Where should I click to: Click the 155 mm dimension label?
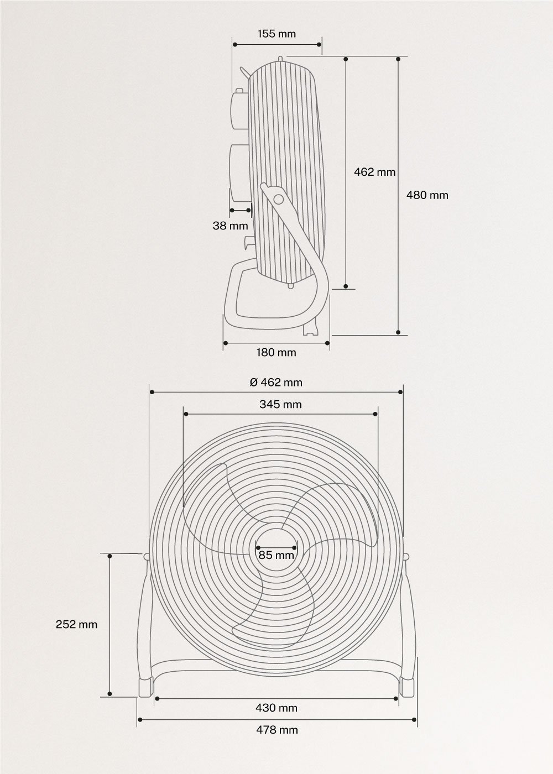pos(276,34)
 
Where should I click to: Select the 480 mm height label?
pos(427,195)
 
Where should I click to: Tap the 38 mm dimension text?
pos(230,226)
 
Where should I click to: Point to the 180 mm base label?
pos(276,353)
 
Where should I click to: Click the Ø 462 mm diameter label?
pos(276,382)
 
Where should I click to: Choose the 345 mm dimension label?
pos(280,404)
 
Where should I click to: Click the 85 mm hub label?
pos(276,555)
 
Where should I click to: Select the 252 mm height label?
pos(76,624)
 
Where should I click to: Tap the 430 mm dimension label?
pos(276,708)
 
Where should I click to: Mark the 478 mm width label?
pos(276,730)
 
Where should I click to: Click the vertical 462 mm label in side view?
pos(374,172)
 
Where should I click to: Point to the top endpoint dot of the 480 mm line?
pos(398,58)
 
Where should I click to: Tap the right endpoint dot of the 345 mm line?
pos(376,414)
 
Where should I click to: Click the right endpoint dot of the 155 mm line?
pos(320,44)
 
